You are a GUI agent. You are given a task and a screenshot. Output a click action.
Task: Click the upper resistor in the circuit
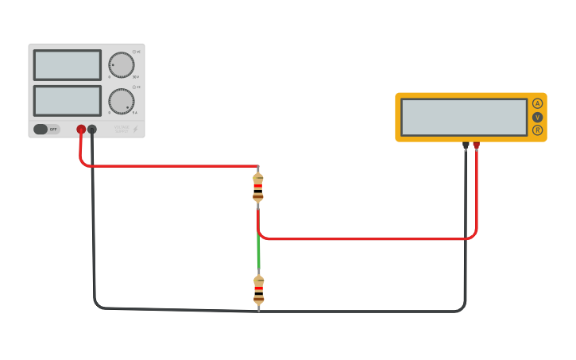tap(257, 188)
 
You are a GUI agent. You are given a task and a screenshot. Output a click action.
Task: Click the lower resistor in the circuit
tap(258, 290)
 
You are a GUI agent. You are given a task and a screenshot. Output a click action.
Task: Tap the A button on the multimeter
tap(537, 103)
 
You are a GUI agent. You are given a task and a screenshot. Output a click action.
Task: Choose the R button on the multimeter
tap(537, 130)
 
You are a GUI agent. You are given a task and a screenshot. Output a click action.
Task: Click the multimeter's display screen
tap(464, 117)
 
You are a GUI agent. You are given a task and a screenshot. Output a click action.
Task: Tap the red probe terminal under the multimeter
tap(477, 145)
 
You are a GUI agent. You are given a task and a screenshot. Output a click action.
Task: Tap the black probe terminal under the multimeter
tap(466, 145)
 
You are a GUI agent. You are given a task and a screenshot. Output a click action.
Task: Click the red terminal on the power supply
tap(81, 129)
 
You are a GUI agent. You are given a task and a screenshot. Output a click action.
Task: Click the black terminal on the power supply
tap(92, 129)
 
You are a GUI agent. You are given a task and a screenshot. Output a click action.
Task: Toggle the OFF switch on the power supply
tap(46, 129)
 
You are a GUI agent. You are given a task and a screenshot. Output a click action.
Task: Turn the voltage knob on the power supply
tap(121, 66)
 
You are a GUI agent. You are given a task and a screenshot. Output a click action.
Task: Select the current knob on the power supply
tap(121, 101)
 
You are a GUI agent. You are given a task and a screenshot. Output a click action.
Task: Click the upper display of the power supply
tap(68, 65)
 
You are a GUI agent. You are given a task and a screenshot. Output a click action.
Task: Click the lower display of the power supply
tap(68, 100)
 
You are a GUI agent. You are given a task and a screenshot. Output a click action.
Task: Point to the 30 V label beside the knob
tap(136, 77)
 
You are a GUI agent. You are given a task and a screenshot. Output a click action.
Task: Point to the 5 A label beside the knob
tap(135, 113)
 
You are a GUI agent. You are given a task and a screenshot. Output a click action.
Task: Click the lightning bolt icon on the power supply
tap(135, 129)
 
